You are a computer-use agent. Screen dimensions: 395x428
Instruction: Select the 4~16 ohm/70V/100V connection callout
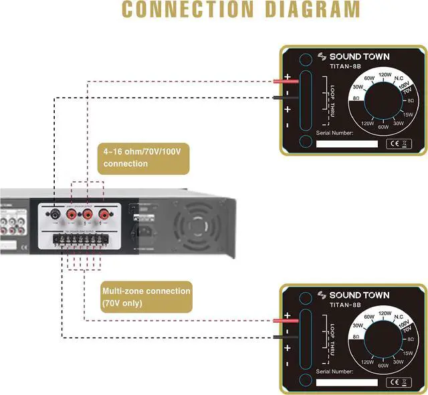(143, 157)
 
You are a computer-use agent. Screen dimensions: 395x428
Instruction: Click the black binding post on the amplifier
(53, 215)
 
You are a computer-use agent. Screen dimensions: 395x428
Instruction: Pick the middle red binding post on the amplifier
(88, 215)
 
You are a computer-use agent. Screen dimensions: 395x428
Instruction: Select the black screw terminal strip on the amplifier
(83, 238)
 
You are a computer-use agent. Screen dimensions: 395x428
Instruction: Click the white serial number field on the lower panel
(346, 382)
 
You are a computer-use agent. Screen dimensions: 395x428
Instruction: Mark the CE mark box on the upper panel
(399, 144)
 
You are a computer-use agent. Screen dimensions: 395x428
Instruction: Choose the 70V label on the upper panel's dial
(405, 90)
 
